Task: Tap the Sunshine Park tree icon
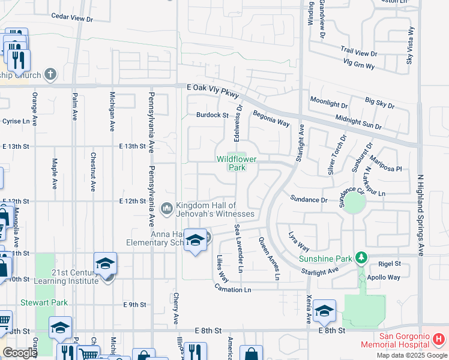click(361, 257)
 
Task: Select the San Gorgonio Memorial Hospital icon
click(439, 340)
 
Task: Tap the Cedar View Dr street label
click(73, 18)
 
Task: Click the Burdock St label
click(212, 115)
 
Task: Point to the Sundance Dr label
click(309, 199)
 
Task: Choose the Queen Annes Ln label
click(269, 259)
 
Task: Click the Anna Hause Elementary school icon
click(194, 241)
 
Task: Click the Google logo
click(20, 353)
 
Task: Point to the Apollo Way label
click(385, 277)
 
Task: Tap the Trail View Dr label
click(358, 52)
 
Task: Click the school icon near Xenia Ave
click(324, 310)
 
